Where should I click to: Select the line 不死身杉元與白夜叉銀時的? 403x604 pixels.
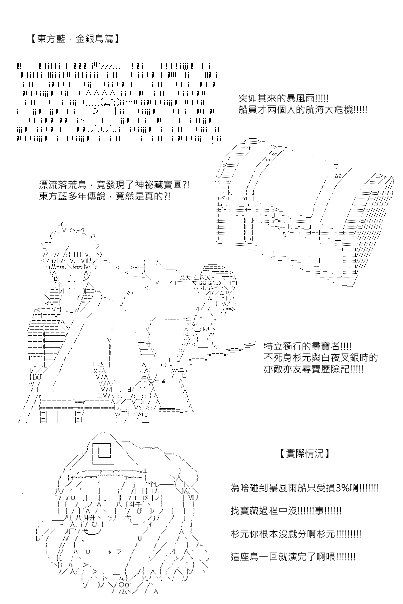point(320,358)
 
